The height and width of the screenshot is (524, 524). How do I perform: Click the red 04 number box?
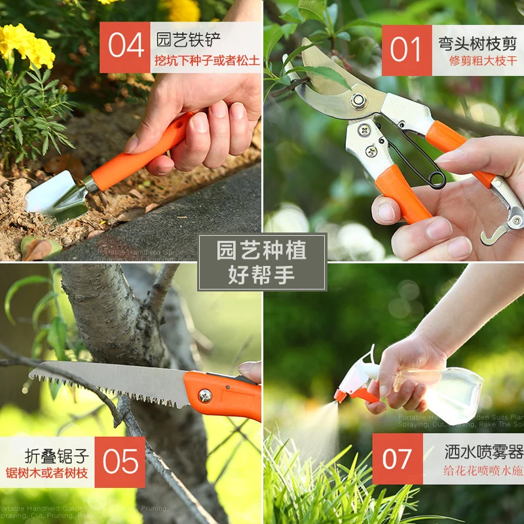tap(125, 47)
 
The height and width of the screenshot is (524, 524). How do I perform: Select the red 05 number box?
tap(120, 462)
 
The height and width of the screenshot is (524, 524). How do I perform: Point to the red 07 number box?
tap(398, 458)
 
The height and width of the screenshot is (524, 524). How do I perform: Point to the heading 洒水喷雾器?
tap(483, 451)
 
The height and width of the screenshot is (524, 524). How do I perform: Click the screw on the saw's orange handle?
tap(205, 395)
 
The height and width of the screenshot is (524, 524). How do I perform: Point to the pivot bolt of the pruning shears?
tap(358, 101)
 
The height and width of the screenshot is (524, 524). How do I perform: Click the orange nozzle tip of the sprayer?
tap(341, 396)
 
